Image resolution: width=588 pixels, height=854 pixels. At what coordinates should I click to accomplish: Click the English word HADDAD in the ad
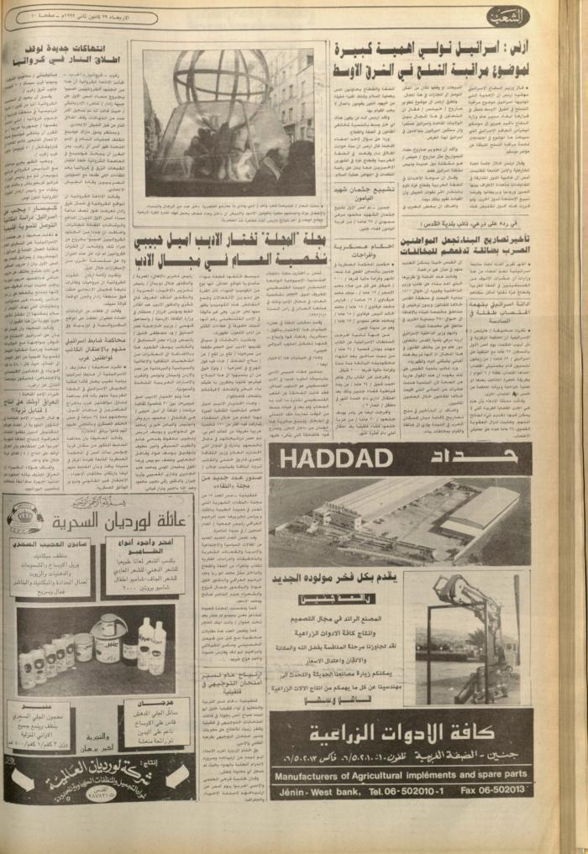point(337,459)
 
